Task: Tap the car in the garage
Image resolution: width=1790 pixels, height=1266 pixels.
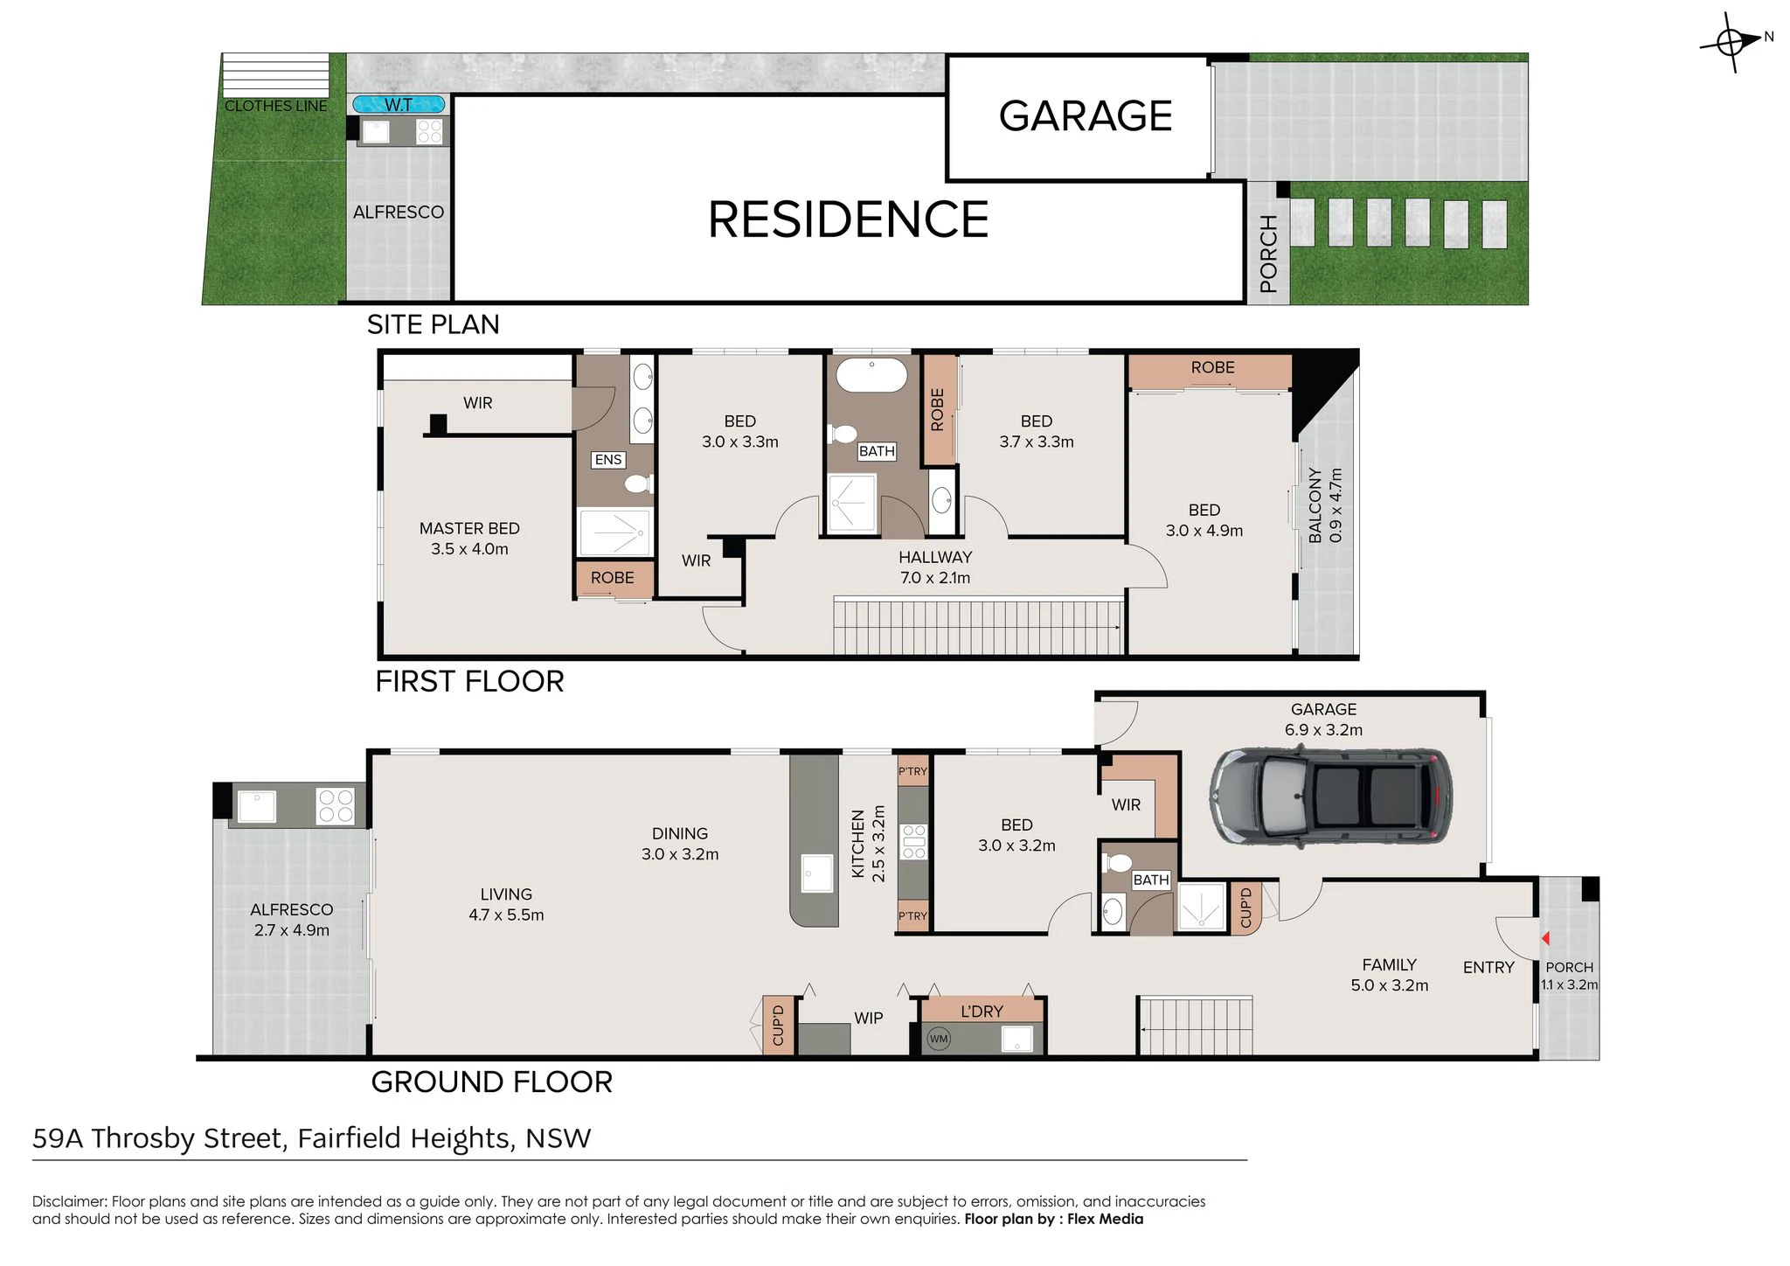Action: [x=1331, y=796]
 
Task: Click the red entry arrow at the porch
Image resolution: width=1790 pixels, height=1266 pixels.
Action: [x=1545, y=938]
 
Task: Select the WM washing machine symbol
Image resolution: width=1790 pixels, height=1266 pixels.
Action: [x=939, y=1039]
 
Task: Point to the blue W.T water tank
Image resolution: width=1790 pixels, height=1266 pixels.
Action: [x=399, y=105]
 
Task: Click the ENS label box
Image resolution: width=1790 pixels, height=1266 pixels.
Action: [x=608, y=460]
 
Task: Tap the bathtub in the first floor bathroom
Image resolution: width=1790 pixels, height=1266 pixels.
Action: [x=871, y=374]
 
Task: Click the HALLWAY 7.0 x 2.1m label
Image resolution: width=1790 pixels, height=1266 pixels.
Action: [x=935, y=567]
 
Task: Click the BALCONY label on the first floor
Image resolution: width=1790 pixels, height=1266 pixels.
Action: [x=1315, y=504]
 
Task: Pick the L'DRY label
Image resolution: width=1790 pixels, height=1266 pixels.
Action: [x=982, y=1012]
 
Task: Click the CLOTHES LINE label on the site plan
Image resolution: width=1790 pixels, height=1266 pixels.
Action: [x=276, y=106]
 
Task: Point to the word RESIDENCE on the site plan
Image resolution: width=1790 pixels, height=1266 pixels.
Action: [x=848, y=219]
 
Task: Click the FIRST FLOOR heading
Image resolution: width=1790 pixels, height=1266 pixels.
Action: [x=469, y=681]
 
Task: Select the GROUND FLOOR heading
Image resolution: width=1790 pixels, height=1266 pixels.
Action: [x=492, y=1082]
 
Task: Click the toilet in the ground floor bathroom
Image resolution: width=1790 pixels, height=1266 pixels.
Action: [x=1118, y=863]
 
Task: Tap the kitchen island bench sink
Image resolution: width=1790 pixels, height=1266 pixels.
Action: [x=817, y=873]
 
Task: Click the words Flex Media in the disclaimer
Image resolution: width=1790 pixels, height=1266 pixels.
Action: [x=1105, y=1219]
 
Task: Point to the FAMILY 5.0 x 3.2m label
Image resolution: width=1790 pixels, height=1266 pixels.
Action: [x=1390, y=975]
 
